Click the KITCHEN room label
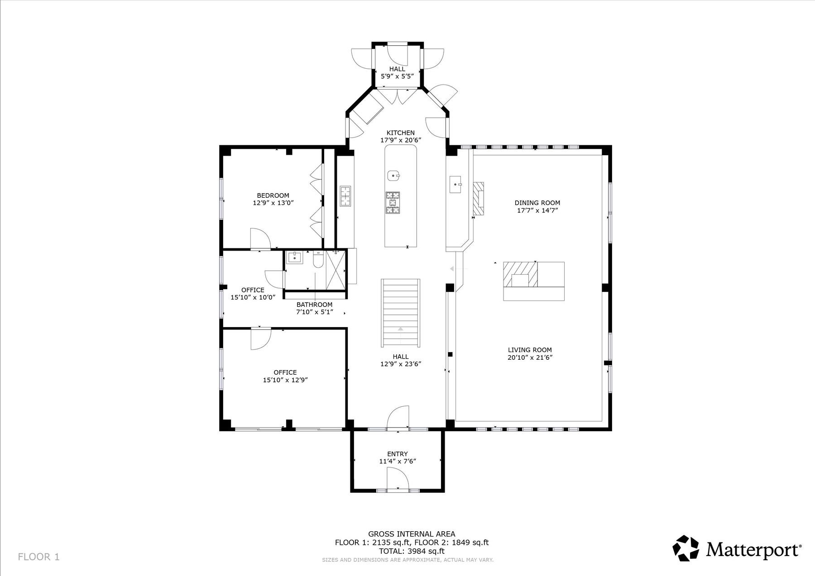[x=401, y=133]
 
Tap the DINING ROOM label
[x=537, y=203]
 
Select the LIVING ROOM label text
[x=530, y=350]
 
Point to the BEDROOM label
[x=273, y=195]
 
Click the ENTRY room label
[x=398, y=454]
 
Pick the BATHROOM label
[x=315, y=305]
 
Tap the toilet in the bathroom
[x=318, y=260]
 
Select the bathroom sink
[x=295, y=257]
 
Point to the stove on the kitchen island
[x=393, y=202]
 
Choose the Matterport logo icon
[x=686, y=548]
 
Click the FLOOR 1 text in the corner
[x=39, y=557]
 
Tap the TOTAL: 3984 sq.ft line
[x=412, y=551]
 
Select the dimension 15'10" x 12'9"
[x=285, y=380]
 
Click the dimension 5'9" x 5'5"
[x=398, y=76]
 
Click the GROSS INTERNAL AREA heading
[x=412, y=534]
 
